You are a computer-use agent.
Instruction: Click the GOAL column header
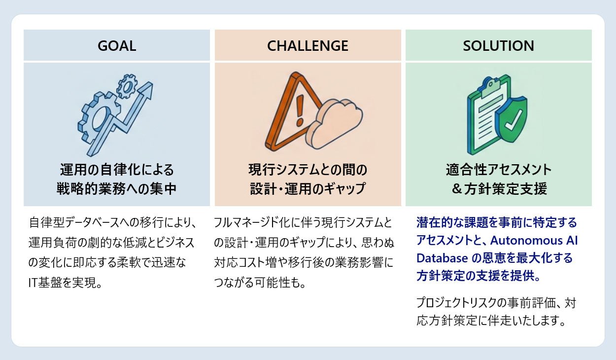tap(117, 46)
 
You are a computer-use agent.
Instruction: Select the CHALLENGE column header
tap(308, 46)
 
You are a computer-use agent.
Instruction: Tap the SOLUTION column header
tap(498, 46)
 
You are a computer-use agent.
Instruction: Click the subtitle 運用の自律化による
tap(117, 170)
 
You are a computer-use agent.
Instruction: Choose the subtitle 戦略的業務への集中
tap(117, 189)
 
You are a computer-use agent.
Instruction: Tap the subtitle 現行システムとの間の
tap(308, 170)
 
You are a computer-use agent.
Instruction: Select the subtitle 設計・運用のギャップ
tap(308, 189)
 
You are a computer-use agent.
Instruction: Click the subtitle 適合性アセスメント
tap(498, 170)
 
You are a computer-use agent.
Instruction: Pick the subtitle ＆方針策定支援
tap(498, 189)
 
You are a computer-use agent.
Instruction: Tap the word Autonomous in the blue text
tap(519, 241)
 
